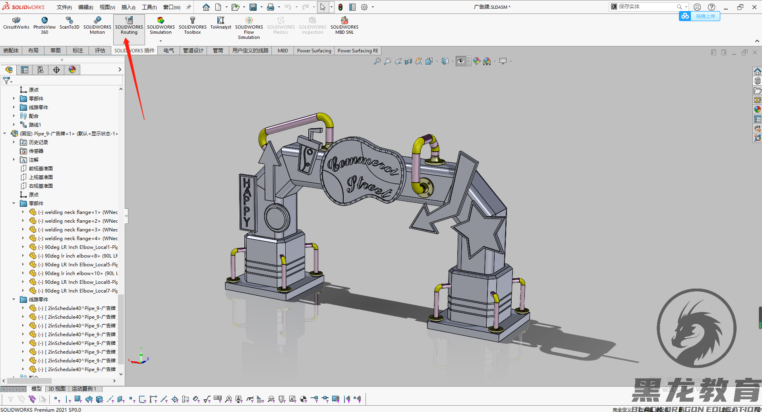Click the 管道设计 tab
(193, 50)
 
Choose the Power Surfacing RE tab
(358, 50)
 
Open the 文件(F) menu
(64, 7)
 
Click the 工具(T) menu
(149, 7)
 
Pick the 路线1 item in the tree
(35, 125)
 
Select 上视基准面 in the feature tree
(41, 177)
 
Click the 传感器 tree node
(36, 151)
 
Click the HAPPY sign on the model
(247, 202)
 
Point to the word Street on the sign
(367, 187)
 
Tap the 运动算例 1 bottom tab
(84, 389)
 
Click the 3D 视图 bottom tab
(57, 389)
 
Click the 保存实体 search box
(646, 7)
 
